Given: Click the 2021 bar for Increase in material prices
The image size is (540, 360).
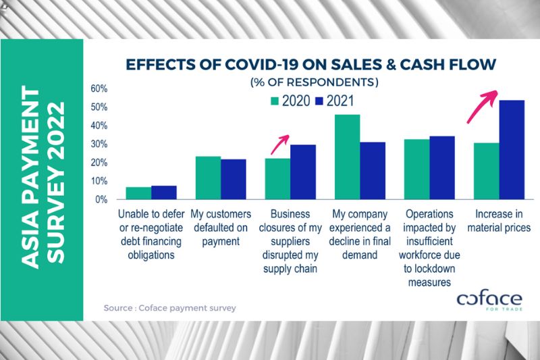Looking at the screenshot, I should point(512,149).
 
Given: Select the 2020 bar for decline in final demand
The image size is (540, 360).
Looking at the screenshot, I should point(347,157).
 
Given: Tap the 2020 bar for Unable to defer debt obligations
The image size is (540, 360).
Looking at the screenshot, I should point(138,193).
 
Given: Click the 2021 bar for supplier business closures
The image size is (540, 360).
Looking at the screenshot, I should point(302,172).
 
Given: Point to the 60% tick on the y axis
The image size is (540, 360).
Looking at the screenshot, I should point(99,88).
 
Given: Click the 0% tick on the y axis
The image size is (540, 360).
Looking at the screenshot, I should point(101,200).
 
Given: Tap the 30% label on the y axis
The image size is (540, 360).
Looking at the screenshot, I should point(99,145).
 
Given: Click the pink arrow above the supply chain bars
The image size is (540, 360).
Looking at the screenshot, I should point(279,144).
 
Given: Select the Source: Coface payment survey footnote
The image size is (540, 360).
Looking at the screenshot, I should point(169,308).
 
